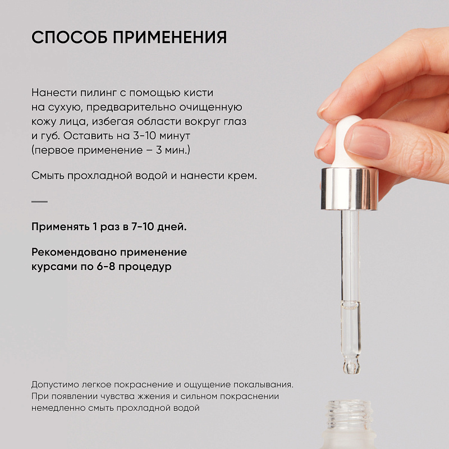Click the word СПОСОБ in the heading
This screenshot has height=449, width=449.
69,37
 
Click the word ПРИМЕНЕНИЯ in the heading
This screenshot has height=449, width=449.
170,37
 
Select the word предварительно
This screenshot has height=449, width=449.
131,107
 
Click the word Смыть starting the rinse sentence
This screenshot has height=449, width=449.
48,176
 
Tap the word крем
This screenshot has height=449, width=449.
242,176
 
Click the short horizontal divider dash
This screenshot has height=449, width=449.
39,201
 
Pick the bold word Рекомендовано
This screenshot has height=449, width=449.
74,252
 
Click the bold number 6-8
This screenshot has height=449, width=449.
106,267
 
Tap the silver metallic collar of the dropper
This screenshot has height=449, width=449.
349,189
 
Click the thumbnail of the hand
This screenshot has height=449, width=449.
366,143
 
